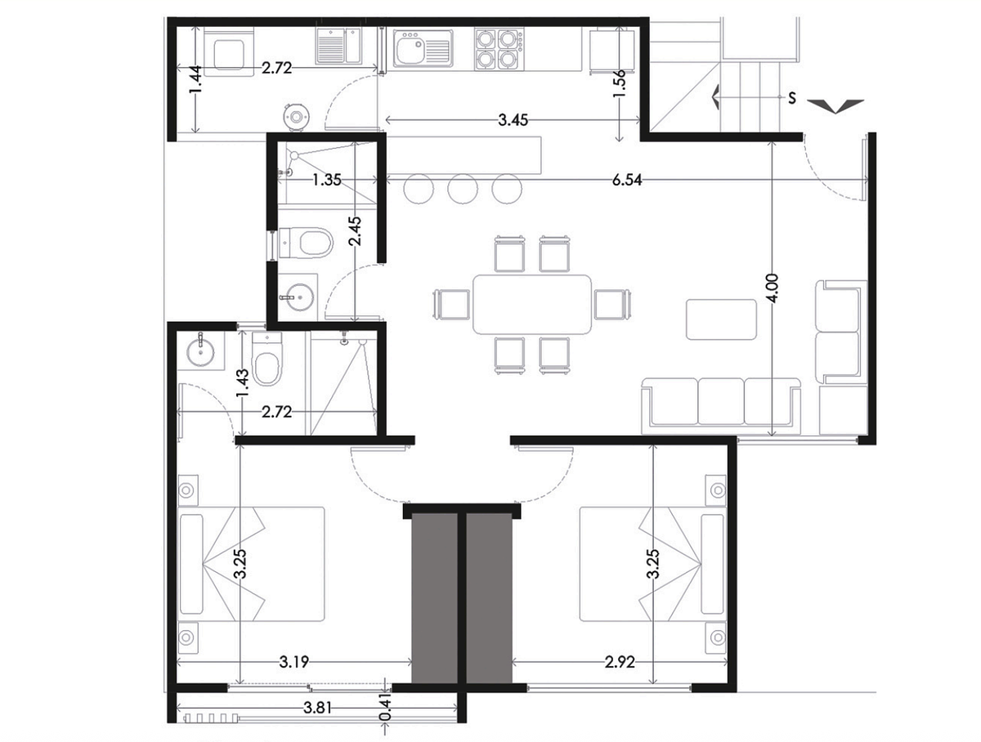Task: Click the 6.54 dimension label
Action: coord(626,180)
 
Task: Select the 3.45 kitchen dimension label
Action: coord(513,120)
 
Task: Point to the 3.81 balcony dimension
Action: coord(318,708)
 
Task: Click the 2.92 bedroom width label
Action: coord(620,662)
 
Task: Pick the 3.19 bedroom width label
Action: coord(294,662)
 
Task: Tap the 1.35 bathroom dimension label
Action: coord(327,180)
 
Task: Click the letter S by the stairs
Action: coord(792,98)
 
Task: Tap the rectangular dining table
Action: coord(532,305)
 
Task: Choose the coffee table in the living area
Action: coord(721,320)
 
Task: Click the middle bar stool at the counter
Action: coord(463,189)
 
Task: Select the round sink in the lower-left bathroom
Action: coord(200,351)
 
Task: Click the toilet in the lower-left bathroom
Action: coord(267,360)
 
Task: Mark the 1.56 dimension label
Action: coord(619,85)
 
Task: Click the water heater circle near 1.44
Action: coord(296,117)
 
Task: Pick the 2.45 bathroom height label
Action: coord(356,231)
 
